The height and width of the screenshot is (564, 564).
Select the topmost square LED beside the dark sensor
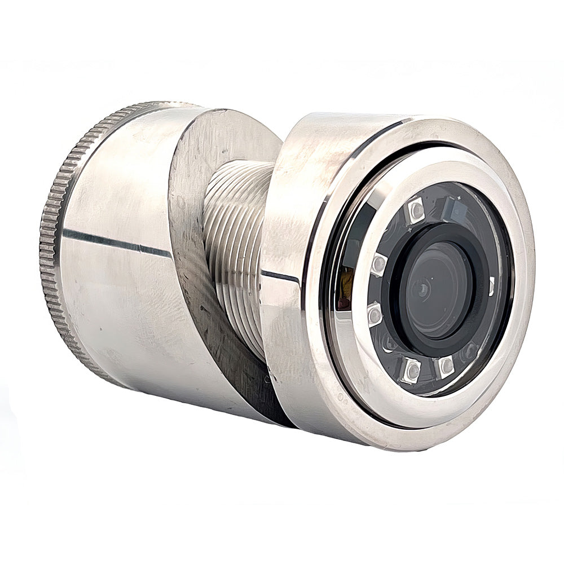(x=416, y=210)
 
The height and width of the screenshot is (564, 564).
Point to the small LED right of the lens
(x=491, y=286)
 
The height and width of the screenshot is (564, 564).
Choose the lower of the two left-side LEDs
(x=374, y=314)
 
